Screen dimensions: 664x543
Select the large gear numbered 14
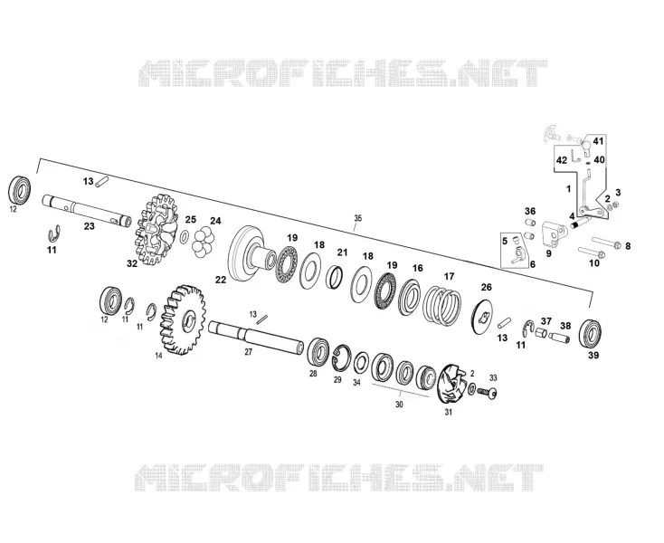183,319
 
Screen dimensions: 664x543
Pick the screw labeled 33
487,393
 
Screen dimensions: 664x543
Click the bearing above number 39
591,333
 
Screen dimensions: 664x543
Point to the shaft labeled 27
256,337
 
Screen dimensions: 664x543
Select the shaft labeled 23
87,211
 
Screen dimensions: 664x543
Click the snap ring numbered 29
341,357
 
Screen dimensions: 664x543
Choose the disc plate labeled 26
482,316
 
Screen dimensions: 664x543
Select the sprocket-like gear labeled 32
157,230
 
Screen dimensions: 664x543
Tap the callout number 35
358,218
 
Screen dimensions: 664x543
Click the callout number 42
562,160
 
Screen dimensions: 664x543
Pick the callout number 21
342,252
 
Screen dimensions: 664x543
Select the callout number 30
399,405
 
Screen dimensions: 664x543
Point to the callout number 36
530,211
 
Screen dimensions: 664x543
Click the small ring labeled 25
185,237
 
